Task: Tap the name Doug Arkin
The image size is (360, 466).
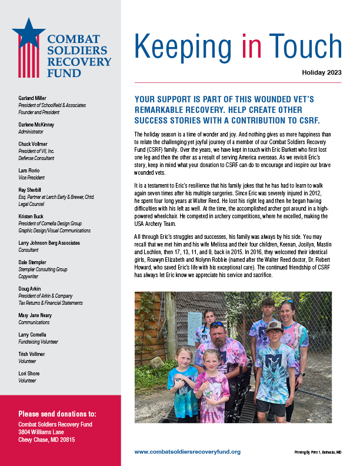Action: (30, 289)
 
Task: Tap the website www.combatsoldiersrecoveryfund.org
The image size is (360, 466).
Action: (187, 451)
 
